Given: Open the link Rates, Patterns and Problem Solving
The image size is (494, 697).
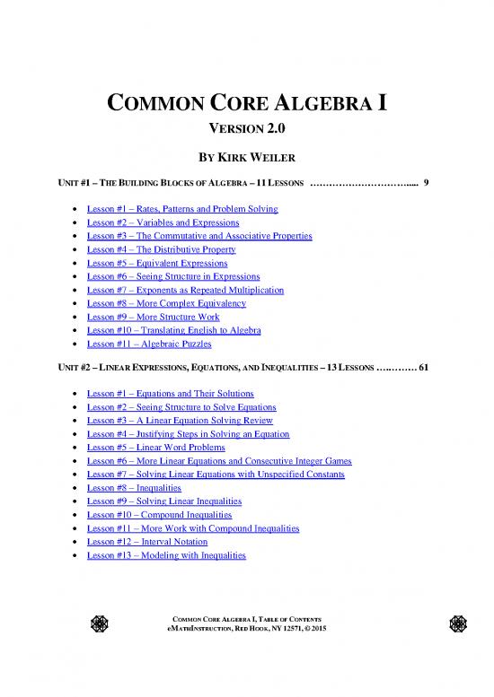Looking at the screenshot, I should coord(182,209).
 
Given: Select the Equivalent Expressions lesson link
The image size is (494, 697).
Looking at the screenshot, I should coord(156,264).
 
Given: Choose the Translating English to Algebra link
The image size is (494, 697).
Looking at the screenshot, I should coord(173,331).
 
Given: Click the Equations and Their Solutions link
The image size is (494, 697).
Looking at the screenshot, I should coord(170,394).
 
